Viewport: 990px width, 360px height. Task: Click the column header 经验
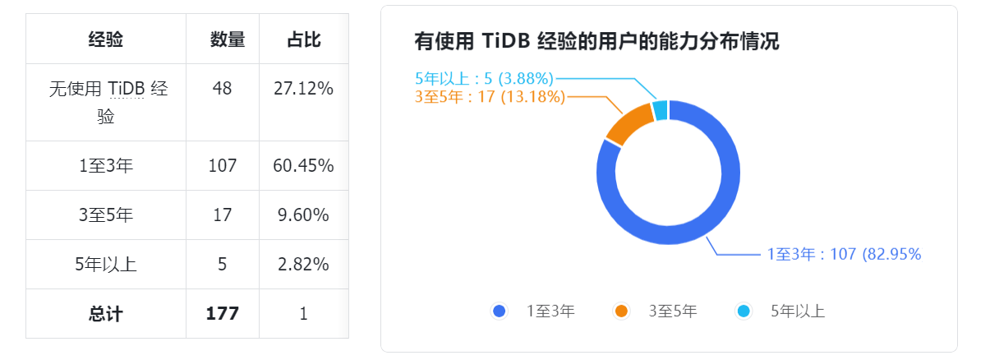tap(106, 39)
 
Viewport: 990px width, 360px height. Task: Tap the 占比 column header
tap(303, 39)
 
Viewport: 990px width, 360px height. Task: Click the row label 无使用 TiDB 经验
tap(106, 102)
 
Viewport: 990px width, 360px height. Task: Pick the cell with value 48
tap(223, 89)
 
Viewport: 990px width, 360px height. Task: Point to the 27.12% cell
tap(303, 89)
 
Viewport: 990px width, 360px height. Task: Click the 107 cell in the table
tap(223, 166)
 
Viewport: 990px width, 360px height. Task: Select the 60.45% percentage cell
tap(303, 166)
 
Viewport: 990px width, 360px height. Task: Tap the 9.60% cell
tap(303, 215)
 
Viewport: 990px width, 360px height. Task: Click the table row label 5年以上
tap(106, 265)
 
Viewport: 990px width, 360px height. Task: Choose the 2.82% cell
tap(303, 265)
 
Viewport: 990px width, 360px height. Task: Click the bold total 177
tap(223, 314)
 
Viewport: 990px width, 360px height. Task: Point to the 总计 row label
tap(106, 314)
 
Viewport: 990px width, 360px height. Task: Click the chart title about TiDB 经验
tap(596, 42)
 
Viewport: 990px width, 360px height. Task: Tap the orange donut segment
tap(629, 126)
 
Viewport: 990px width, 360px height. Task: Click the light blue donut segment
tap(660, 111)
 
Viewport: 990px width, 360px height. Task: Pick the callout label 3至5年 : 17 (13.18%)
tap(490, 97)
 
